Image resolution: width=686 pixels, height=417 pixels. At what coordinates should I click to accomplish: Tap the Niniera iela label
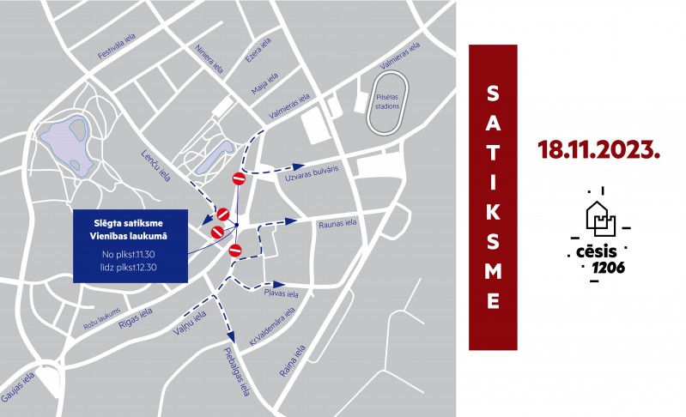(209, 58)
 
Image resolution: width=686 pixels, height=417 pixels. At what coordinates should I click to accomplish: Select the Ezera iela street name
(259, 50)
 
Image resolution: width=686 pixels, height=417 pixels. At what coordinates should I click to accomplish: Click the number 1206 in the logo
(608, 269)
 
